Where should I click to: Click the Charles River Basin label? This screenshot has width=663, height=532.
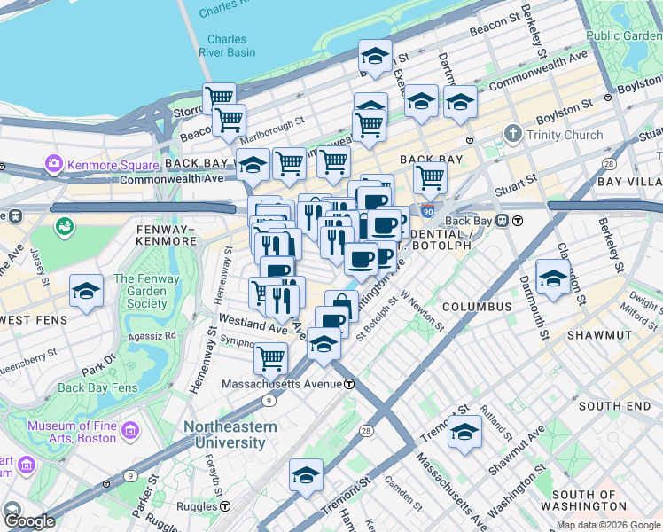click(227, 45)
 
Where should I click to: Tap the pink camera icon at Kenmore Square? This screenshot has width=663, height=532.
click(54, 164)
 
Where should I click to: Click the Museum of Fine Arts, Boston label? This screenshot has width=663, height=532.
click(72, 432)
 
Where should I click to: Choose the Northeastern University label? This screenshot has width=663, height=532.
click(230, 434)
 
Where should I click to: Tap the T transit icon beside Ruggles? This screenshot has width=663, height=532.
click(226, 506)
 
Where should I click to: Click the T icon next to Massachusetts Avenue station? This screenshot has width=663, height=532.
click(350, 384)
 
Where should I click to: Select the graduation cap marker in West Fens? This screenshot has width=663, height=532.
click(86, 291)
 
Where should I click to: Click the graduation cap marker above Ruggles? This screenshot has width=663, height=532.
click(306, 474)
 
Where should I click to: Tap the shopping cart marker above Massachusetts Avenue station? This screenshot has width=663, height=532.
click(270, 357)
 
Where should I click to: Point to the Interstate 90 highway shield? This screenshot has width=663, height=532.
click(428, 214)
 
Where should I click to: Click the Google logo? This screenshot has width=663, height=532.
click(28, 521)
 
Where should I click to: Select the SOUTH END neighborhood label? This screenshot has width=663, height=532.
click(614, 405)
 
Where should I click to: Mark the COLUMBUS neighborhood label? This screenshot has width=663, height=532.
click(477, 307)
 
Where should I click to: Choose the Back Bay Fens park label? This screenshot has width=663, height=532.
click(97, 387)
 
